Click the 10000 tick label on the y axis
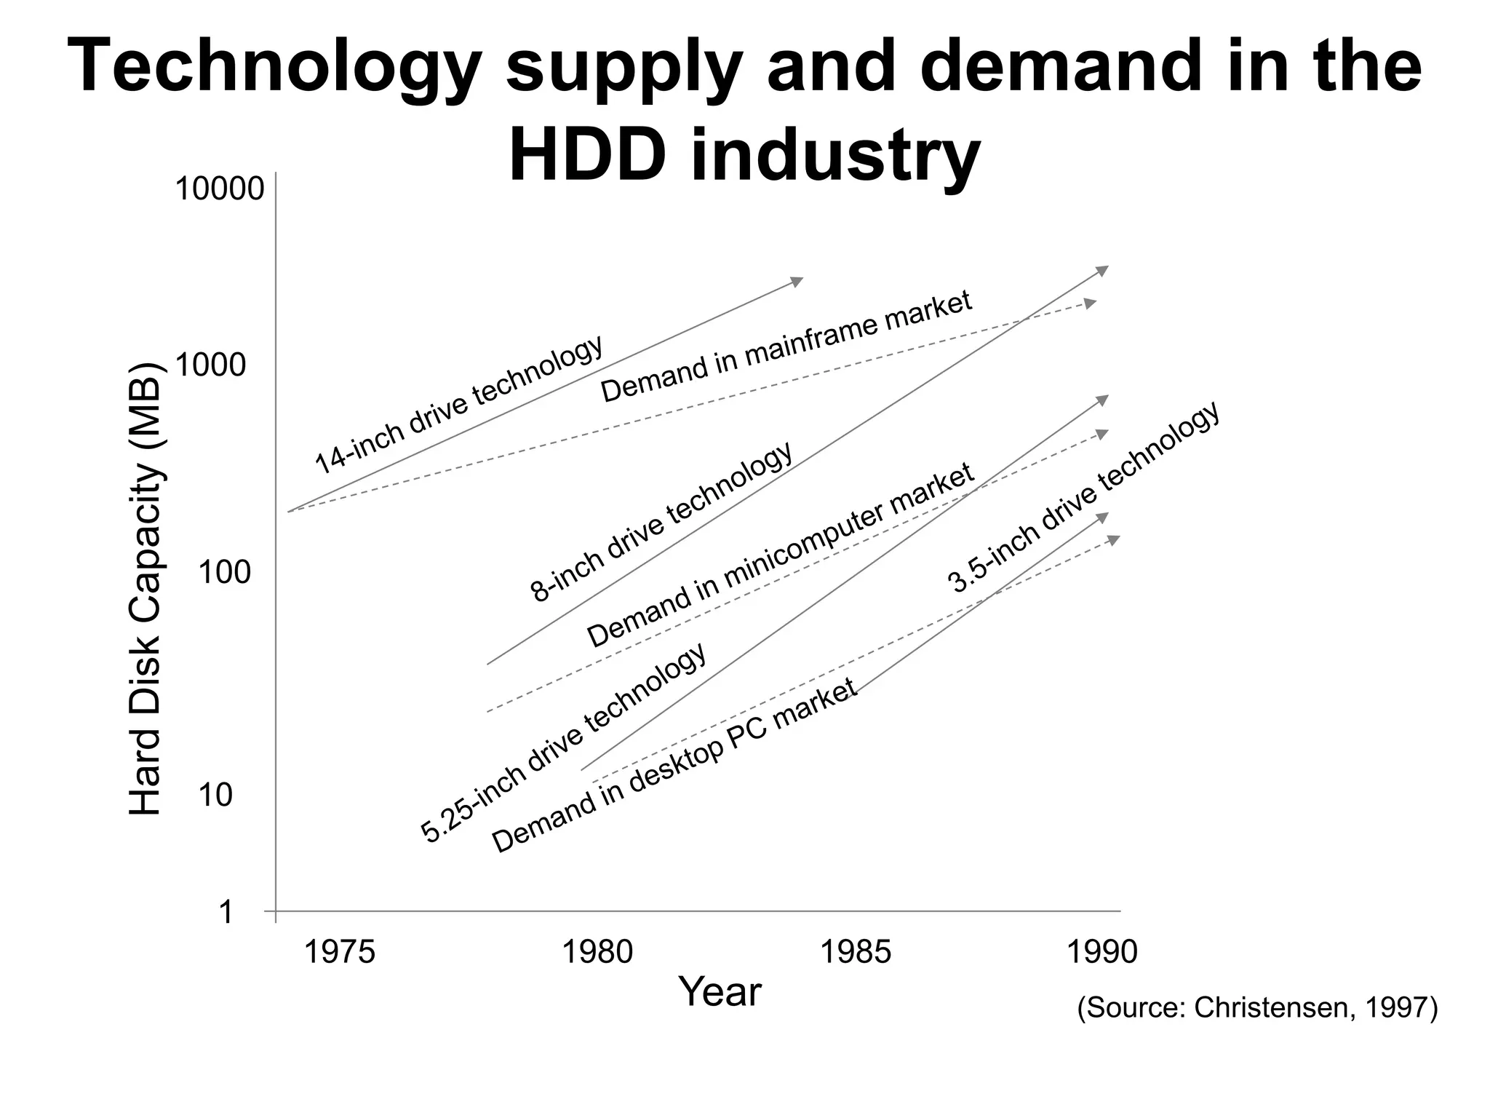(219, 190)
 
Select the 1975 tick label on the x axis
(339, 951)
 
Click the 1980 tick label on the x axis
(598, 951)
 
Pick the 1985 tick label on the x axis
(855, 951)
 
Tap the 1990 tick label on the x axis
(1101, 951)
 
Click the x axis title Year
(720, 991)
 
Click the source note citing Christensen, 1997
(1257, 1007)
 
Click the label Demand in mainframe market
(786, 346)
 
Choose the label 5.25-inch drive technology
(564, 742)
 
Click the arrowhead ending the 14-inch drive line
(797, 281)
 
